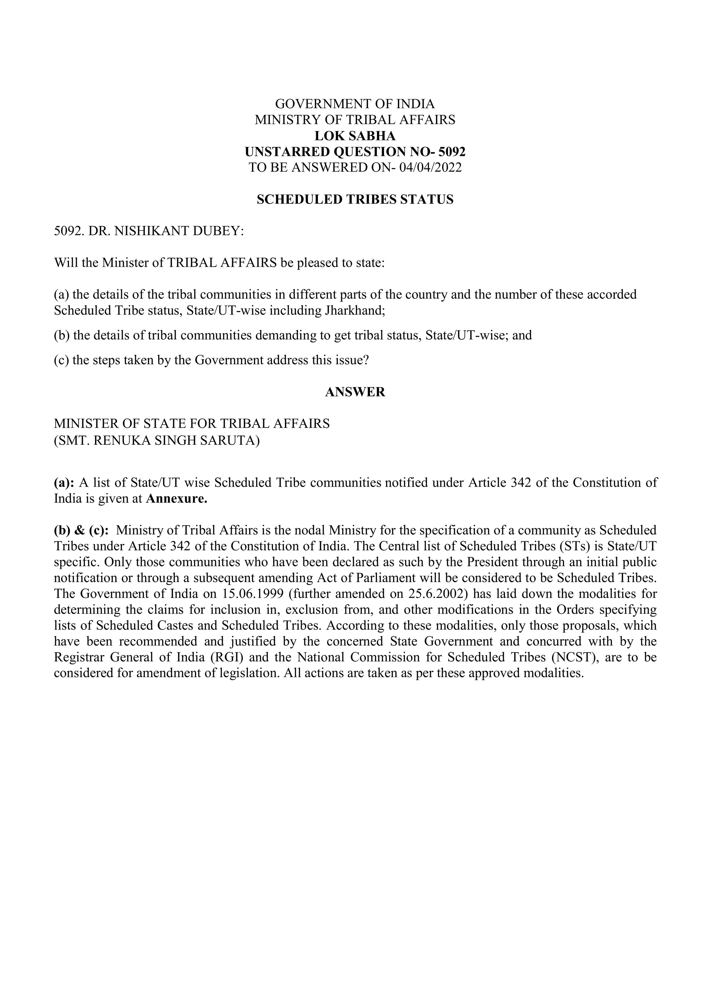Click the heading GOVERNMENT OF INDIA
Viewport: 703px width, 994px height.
point(355,104)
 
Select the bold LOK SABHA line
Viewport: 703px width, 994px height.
point(355,136)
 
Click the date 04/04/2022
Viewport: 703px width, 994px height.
point(431,167)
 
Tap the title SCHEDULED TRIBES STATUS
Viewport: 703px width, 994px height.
point(355,199)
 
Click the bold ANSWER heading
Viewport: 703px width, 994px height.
point(355,392)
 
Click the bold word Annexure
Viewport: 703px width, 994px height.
point(177,499)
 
